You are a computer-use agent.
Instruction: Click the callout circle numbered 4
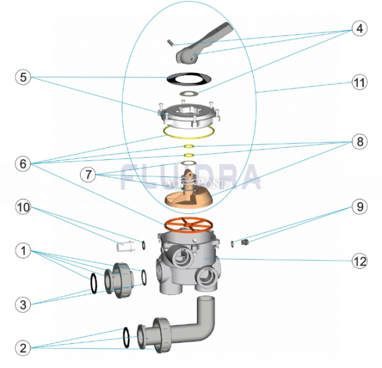coord(359,28)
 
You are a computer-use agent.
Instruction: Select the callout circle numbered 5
coord(22,76)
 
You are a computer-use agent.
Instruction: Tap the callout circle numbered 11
coord(359,83)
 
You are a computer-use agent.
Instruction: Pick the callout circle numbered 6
coord(22,164)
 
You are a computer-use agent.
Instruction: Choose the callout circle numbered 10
coord(22,208)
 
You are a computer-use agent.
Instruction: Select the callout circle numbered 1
coord(22,251)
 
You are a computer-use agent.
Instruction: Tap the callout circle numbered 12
coord(359,259)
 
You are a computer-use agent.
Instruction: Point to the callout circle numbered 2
coord(22,348)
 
